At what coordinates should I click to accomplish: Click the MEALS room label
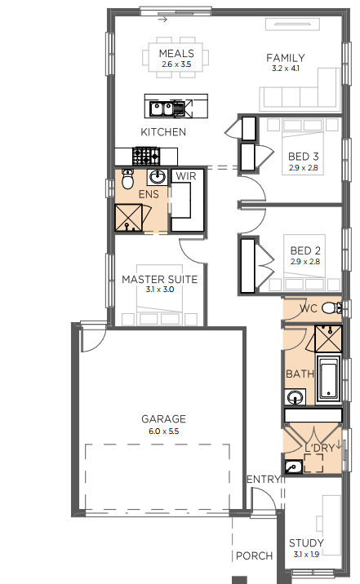click(176, 53)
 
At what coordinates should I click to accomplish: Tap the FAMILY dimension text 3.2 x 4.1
click(286, 69)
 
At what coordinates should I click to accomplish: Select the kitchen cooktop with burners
click(146, 157)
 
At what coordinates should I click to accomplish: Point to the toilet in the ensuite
click(128, 179)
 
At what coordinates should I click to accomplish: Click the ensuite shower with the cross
click(128, 218)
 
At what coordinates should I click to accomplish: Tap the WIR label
click(186, 176)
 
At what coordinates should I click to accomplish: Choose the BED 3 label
click(304, 157)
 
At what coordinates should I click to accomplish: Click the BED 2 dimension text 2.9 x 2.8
click(305, 262)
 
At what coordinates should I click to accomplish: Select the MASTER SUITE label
click(159, 279)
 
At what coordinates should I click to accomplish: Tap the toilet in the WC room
click(331, 308)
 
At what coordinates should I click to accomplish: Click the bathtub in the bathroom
click(329, 378)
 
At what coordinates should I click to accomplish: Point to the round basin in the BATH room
click(295, 397)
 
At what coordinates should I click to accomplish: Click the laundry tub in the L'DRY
click(294, 467)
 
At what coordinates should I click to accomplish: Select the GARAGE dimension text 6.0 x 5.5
click(163, 431)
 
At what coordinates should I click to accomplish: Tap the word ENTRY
click(263, 480)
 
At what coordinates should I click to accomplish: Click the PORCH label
click(254, 556)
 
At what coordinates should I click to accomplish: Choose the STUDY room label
click(306, 543)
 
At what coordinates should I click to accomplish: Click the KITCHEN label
click(163, 132)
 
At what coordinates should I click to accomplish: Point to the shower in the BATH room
click(328, 338)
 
